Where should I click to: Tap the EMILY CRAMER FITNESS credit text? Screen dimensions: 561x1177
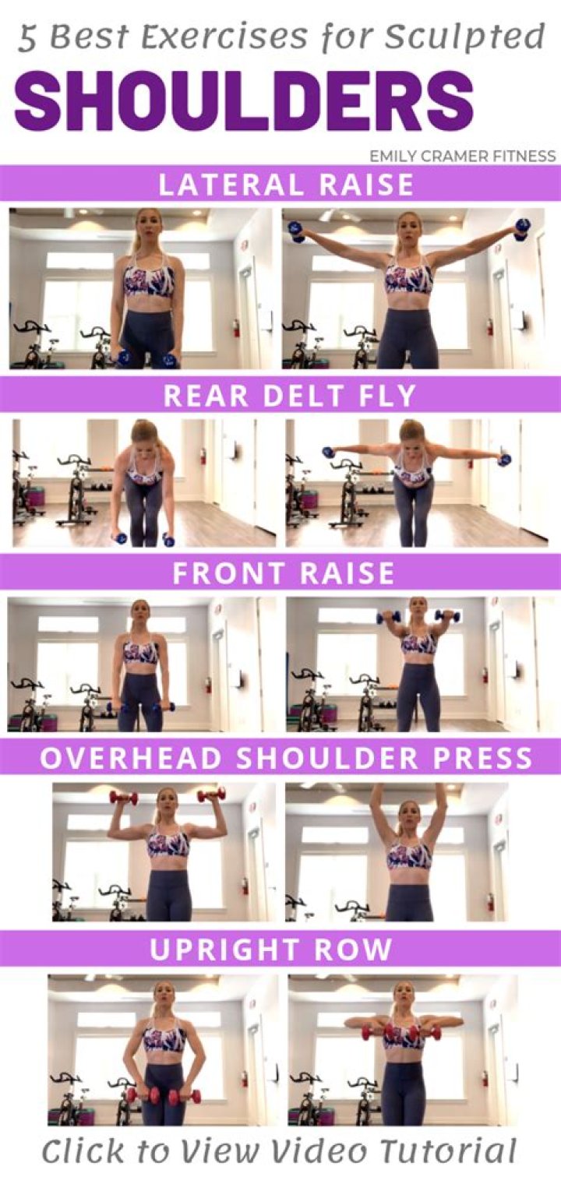tap(463, 156)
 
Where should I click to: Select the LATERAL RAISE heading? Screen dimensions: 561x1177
tap(287, 185)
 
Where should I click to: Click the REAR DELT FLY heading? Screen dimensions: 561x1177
tap(290, 395)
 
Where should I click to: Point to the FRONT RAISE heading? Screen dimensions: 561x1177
tap(284, 573)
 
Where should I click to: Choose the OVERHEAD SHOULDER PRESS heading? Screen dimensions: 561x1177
tap(287, 758)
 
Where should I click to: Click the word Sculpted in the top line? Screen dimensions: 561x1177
tap(464, 38)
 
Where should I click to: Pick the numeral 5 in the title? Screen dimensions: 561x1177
tap(27, 39)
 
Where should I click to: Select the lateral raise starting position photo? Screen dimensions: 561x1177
tap(141, 288)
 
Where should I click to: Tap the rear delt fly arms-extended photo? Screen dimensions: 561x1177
tap(417, 483)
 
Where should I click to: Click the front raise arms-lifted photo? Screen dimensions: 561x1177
tap(419, 664)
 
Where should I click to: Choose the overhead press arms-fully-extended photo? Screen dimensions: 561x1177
tap(397, 851)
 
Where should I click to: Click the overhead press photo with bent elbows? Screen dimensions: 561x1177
tap(164, 851)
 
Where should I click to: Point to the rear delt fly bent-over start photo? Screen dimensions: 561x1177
tap(144, 483)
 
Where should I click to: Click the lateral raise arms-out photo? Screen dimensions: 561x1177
tap(413, 288)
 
